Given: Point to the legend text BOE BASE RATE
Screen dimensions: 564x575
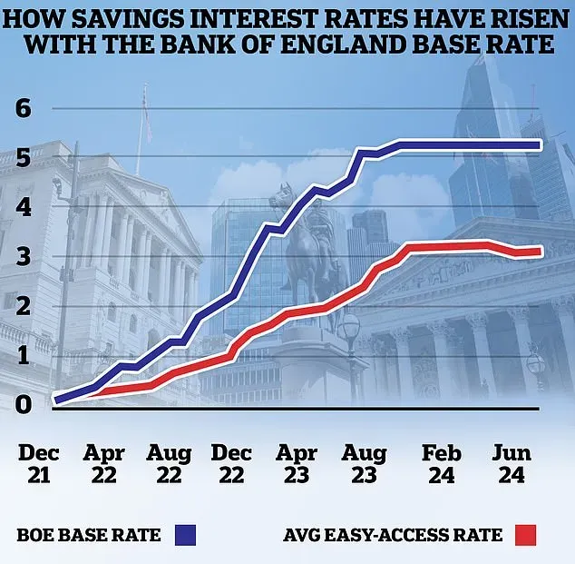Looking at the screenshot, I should tap(88, 534).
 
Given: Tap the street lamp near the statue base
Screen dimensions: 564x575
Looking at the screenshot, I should tap(350, 331).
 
